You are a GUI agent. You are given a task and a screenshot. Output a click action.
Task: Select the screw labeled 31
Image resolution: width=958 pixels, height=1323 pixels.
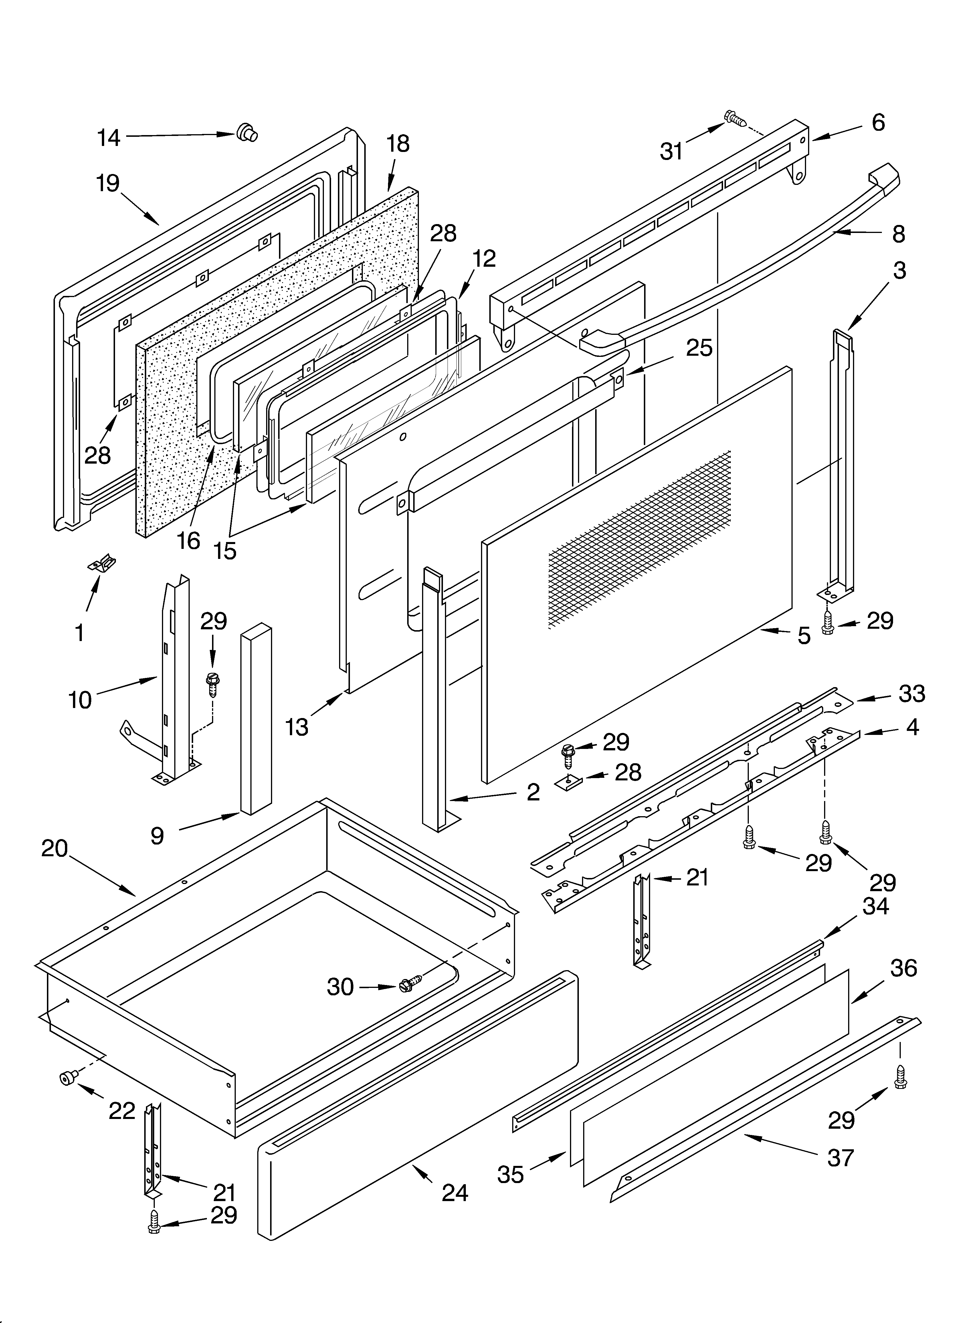pos(735,119)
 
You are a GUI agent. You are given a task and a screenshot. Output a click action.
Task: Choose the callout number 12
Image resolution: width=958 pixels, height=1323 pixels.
pos(484,258)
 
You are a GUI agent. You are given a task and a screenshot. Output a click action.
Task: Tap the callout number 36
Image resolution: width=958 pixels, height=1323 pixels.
pos(904,968)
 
